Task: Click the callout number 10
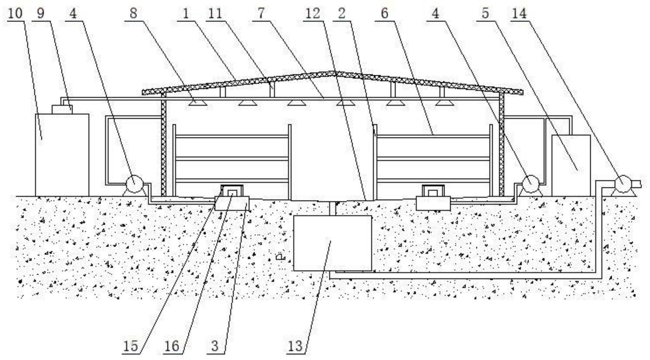click(x=15, y=13)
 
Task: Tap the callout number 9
click(x=41, y=13)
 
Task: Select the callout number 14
click(x=519, y=13)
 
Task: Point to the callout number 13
click(x=295, y=346)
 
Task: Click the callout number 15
click(x=131, y=346)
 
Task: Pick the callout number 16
click(x=172, y=346)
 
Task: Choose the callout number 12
click(x=313, y=13)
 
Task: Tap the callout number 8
click(x=133, y=13)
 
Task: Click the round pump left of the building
click(x=134, y=184)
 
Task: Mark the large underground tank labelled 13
click(x=333, y=243)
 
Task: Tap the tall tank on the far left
click(x=62, y=155)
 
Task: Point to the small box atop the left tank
click(x=62, y=109)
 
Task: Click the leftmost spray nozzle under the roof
click(x=198, y=103)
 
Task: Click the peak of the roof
click(x=333, y=73)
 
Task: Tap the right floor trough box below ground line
click(x=433, y=203)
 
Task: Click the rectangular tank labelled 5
click(x=571, y=166)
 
